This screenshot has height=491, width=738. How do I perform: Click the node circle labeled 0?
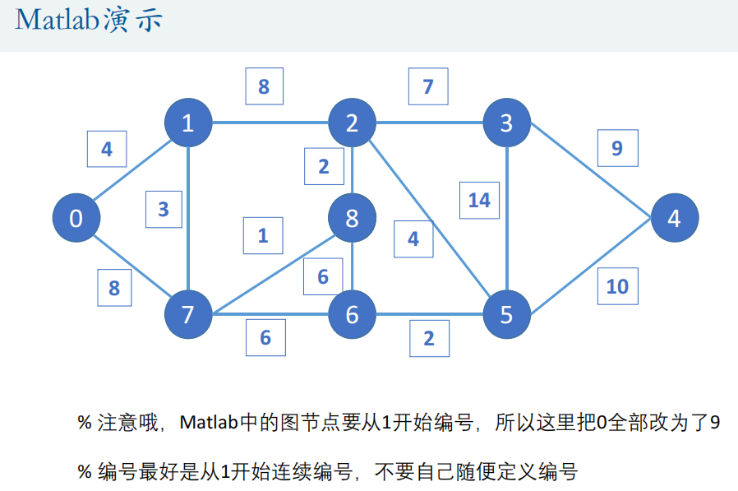pyautogui.click(x=76, y=219)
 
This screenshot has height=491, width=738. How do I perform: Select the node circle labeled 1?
pyautogui.click(x=188, y=123)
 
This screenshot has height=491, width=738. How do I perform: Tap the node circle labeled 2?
pyautogui.click(x=352, y=123)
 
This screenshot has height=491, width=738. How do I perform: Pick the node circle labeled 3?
pyautogui.click(x=506, y=123)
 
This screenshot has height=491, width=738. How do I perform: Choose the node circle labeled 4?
pyautogui.click(x=675, y=219)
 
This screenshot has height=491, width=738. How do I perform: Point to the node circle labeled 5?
pyautogui.click(x=506, y=314)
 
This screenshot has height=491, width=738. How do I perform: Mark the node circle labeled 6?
pyautogui.click(x=352, y=314)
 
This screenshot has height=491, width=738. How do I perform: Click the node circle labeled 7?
pyautogui.click(x=188, y=314)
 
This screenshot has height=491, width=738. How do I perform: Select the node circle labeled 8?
pyautogui.click(x=352, y=219)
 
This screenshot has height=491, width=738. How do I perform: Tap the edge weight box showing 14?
pyautogui.click(x=479, y=200)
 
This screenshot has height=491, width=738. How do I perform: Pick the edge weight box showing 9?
pyautogui.click(x=617, y=148)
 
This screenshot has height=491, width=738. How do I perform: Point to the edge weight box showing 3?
pyautogui.click(x=164, y=209)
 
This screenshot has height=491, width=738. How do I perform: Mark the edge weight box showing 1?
pyautogui.click(x=263, y=235)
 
